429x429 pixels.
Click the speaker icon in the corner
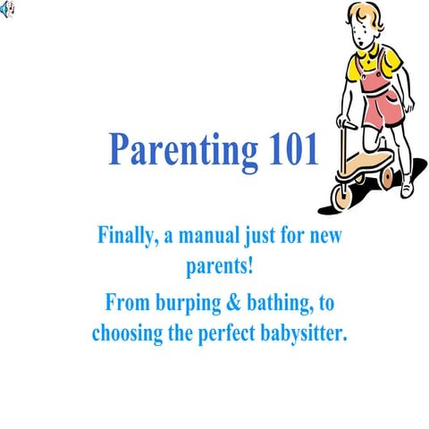8,8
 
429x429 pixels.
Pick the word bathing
279,304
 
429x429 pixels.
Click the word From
125,304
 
